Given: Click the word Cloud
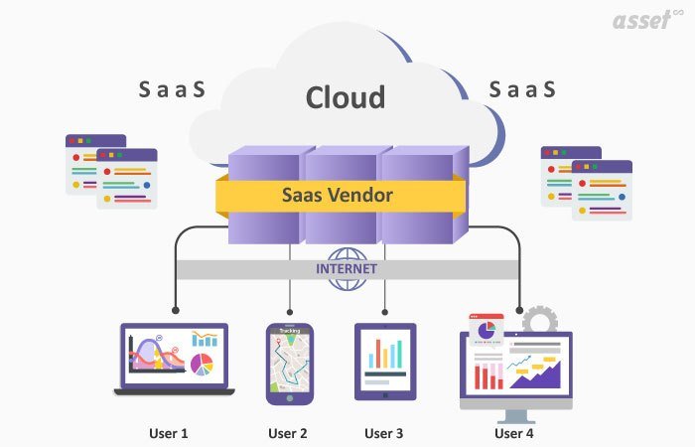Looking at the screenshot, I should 345,97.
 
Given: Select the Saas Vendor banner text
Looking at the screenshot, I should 337,196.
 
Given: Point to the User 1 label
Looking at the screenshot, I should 168,433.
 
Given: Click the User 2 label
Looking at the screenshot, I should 288,433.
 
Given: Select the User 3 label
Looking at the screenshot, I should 384,433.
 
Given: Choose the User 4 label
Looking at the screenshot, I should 514,433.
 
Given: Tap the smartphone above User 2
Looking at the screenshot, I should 289,362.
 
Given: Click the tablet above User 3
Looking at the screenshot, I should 385,361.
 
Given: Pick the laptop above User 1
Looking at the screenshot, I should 175,358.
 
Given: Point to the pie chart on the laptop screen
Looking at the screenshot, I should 203,365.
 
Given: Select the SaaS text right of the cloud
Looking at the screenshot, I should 522,90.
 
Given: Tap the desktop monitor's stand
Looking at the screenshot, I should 515,416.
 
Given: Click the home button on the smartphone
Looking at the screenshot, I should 289,397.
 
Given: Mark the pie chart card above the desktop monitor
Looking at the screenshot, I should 486,330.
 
